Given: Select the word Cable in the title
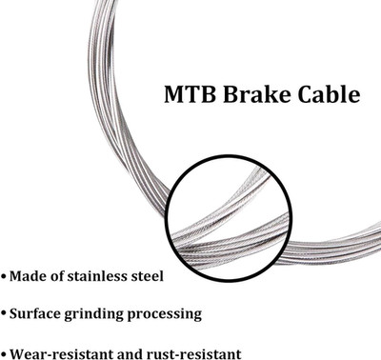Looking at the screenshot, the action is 330,93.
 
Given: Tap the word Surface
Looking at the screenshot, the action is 35,313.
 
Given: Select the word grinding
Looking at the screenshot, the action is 94,314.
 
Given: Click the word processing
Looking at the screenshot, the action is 165,314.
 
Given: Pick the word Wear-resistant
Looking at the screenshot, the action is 58,353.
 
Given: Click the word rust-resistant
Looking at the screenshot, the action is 193,353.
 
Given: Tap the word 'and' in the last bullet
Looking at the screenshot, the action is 127,353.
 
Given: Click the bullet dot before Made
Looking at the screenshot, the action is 4,276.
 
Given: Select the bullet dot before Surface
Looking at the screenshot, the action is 4,313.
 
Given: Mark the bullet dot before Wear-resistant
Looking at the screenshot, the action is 4,353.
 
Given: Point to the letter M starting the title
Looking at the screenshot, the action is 174,94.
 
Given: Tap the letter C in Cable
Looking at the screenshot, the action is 306,94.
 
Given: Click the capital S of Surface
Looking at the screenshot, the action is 14,313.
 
